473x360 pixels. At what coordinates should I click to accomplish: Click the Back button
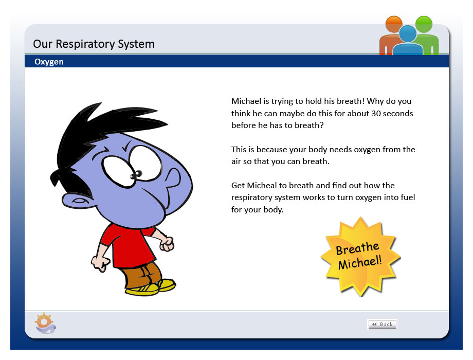pyautogui.click(x=382, y=324)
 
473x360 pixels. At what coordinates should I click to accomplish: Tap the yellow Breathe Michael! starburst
pyautogui.click(x=360, y=257)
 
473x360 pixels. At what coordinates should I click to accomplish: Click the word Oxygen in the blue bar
pyautogui.click(x=49, y=62)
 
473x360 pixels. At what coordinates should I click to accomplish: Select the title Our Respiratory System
pyautogui.click(x=94, y=44)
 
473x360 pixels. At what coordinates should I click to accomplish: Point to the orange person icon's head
pyautogui.click(x=394, y=24)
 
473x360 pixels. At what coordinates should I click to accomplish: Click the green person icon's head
pyautogui.click(x=424, y=24)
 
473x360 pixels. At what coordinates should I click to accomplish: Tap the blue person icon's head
pyautogui.click(x=408, y=34)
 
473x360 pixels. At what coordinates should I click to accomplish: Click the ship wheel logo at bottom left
pyautogui.click(x=45, y=323)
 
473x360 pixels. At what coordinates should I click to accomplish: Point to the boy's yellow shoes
pyautogui.click(x=151, y=287)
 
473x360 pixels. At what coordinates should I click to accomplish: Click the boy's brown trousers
pyautogui.click(x=142, y=275)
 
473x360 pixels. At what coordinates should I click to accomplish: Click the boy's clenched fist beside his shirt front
pyautogui.click(x=167, y=244)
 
